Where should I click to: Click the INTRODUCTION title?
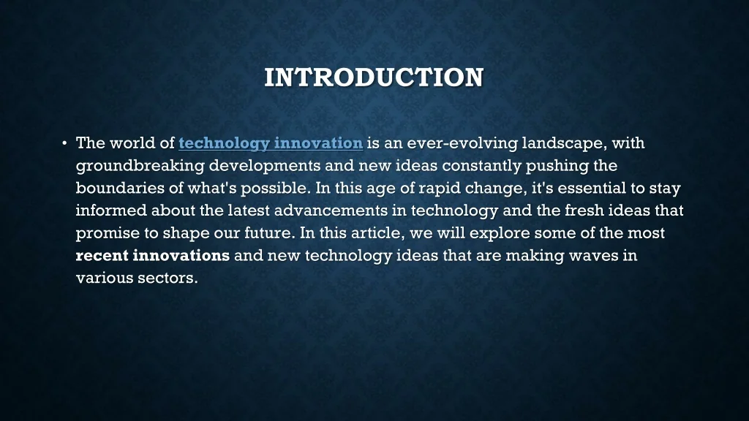click(x=374, y=77)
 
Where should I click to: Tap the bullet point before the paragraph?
click(x=64, y=143)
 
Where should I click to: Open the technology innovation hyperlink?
click(x=271, y=143)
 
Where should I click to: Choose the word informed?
click(x=112, y=210)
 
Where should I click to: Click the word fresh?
click(x=585, y=210)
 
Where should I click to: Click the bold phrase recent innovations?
click(x=153, y=256)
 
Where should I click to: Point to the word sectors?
click(x=168, y=278)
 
